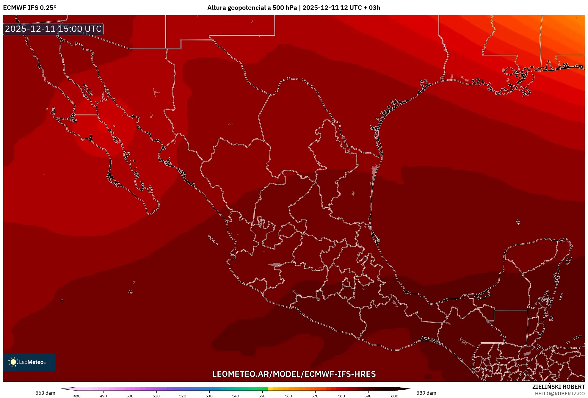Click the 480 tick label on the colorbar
coord(77,396)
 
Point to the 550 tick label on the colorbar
coord(262,396)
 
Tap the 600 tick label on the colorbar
coord(394,396)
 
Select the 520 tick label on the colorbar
coord(183,396)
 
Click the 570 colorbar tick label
coord(315,396)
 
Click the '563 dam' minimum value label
coord(45,393)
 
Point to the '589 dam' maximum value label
coord(426,393)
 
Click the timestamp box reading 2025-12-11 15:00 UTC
coord(53,29)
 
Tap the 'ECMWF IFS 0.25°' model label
coord(30,8)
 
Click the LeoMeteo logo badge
coord(29,362)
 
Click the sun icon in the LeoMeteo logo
coord(13,362)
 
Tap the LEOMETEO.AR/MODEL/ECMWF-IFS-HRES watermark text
coord(294,374)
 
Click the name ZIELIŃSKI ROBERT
coord(558,387)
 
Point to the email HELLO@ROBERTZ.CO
coord(560,394)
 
